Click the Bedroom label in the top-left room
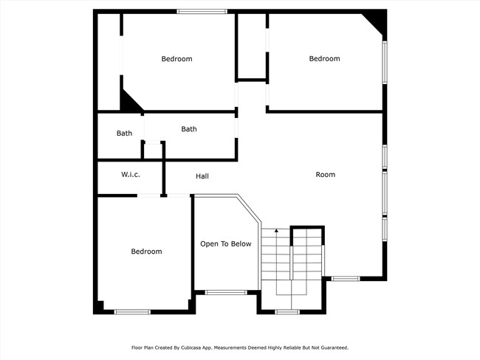[x=176, y=59]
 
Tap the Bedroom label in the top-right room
[x=324, y=59]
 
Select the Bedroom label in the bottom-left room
[x=146, y=252]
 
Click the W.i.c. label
[x=131, y=175]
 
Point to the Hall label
[x=202, y=176]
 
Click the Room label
[x=325, y=175]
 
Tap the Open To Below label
[x=226, y=244]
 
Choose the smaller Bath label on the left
[x=124, y=134]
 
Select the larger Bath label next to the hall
[x=189, y=129]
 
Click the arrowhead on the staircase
[x=276, y=232]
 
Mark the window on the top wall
[x=202, y=11]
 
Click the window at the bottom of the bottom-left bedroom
[x=132, y=311]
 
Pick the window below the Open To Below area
[x=225, y=293]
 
